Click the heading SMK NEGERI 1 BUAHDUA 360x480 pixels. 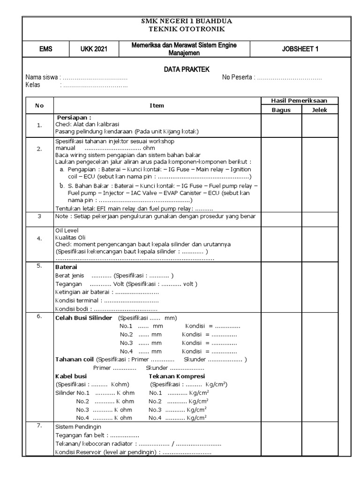[x=187, y=22]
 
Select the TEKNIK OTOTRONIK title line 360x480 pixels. [x=187, y=29]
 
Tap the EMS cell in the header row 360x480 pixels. [x=46, y=49]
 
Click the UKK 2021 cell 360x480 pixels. [x=94, y=49]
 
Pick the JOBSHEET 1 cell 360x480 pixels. [x=300, y=49]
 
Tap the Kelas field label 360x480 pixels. [x=33, y=85]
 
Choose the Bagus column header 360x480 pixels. [x=281, y=110]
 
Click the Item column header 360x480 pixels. [x=157, y=105]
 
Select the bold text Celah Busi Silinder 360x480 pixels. [x=83, y=318]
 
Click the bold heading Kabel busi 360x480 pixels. [x=71, y=376]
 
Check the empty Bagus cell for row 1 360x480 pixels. [x=281, y=125]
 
